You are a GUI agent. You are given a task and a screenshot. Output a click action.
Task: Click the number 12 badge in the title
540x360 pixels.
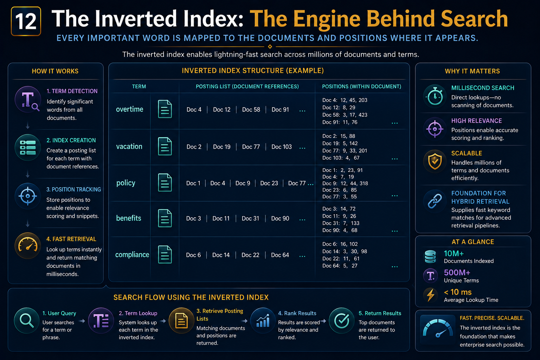[26, 21]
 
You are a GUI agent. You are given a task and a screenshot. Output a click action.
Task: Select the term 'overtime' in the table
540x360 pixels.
[129, 109]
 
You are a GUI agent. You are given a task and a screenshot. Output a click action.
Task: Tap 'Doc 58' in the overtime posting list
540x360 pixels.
[251, 109]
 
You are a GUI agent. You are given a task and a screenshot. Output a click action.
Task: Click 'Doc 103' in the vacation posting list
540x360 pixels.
[281, 147]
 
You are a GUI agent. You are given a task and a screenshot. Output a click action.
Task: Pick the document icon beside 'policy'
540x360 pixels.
[165, 182]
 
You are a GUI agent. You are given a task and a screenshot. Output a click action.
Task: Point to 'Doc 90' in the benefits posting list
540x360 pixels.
[280, 218]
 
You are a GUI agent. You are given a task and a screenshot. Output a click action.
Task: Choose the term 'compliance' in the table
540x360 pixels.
[132, 255]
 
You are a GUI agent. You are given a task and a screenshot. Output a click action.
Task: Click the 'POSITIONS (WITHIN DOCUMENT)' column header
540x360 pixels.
[362, 86]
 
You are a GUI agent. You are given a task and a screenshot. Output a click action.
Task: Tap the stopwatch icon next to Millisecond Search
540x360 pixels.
[435, 96]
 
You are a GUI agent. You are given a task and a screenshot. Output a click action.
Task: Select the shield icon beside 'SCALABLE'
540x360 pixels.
[435, 162]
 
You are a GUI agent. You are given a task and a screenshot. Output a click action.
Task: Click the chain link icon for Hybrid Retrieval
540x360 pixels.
[435, 201]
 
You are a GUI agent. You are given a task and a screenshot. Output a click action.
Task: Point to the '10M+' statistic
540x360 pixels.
[454, 253]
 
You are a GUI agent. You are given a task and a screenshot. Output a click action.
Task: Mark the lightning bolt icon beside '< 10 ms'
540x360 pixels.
[431, 295]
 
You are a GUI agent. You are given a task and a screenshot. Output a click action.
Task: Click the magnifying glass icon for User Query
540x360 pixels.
[26, 321]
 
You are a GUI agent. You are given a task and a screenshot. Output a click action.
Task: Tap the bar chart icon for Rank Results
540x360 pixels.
[263, 321]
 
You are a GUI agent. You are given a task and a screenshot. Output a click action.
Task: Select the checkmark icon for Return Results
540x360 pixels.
[342, 321]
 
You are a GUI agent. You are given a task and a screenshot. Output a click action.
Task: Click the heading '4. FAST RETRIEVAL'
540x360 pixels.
[71, 239]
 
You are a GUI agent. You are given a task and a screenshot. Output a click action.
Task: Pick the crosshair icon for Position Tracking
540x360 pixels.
[28, 196]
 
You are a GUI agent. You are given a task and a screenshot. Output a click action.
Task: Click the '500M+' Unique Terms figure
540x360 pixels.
[457, 272]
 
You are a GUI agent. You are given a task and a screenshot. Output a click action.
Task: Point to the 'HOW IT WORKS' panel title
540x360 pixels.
[55, 71]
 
